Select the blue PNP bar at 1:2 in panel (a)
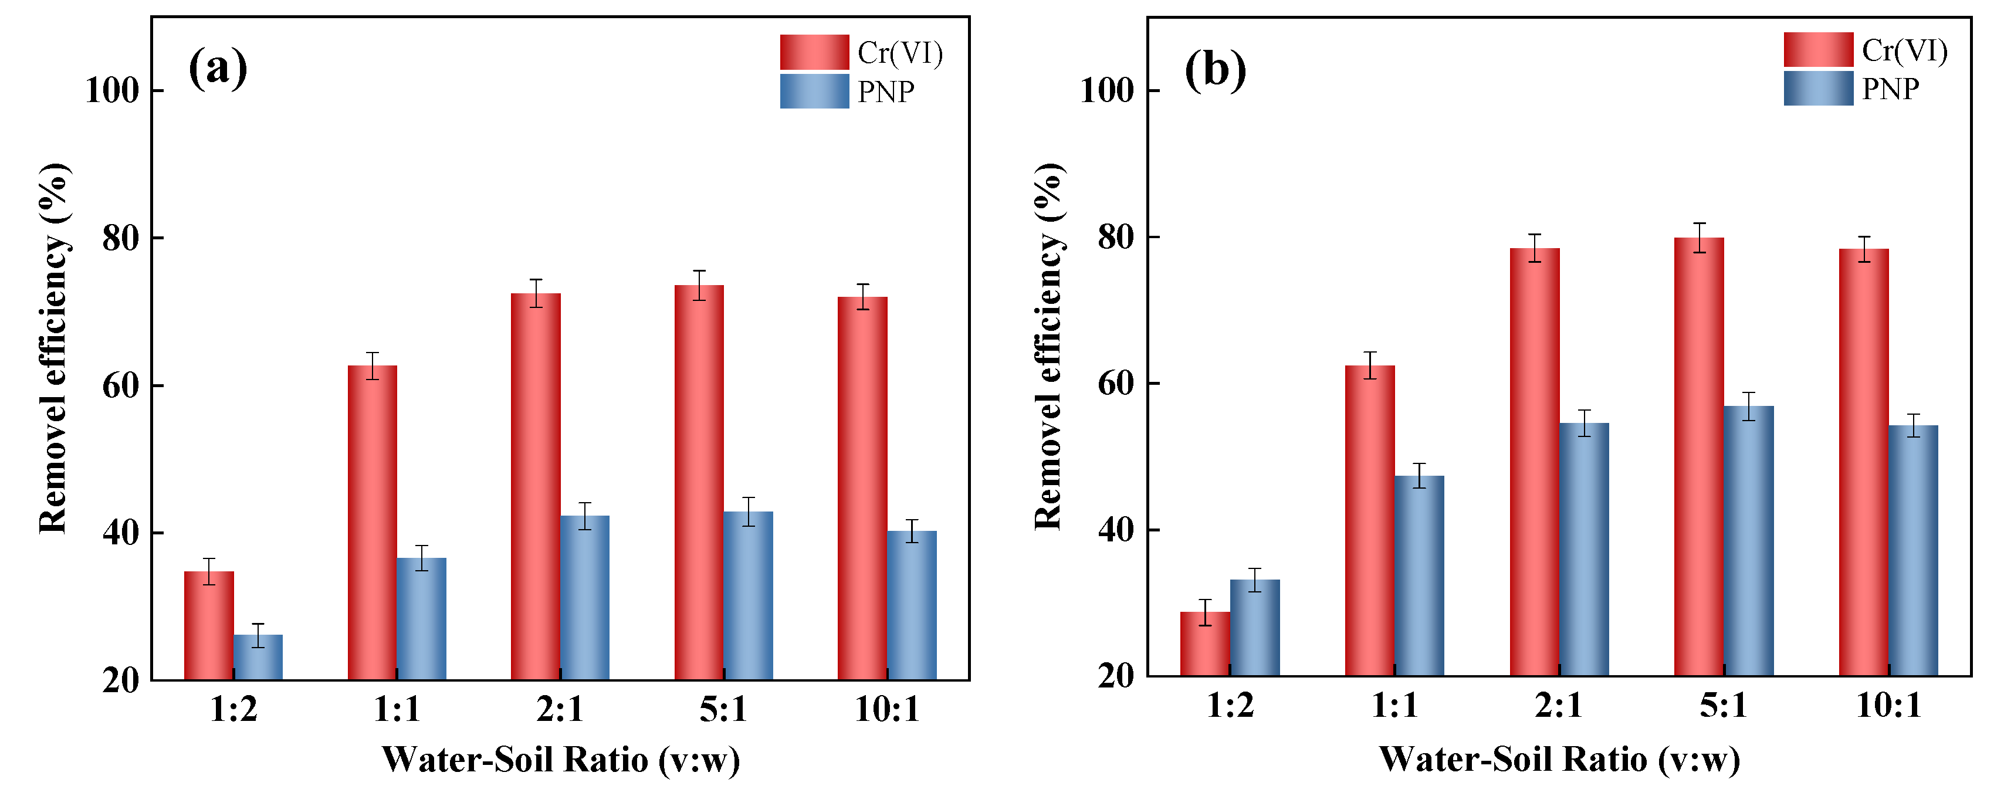pyautogui.click(x=258, y=658)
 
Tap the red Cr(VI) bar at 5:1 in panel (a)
pyautogui.click(x=699, y=482)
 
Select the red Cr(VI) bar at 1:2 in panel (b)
pyautogui.click(x=1204, y=643)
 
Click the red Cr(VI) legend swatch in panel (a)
pyautogui.click(x=814, y=52)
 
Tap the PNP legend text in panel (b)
pyautogui.click(x=1890, y=89)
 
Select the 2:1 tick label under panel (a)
pyautogui.click(x=559, y=709)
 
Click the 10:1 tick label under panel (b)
pyautogui.click(x=1888, y=705)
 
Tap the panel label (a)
pyautogui.click(x=218, y=69)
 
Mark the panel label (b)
pyautogui.click(x=1214, y=70)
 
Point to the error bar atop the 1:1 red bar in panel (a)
pyautogui.click(x=373, y=365)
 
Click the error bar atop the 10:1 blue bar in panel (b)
pyautogui.click(x=1914, y=425)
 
